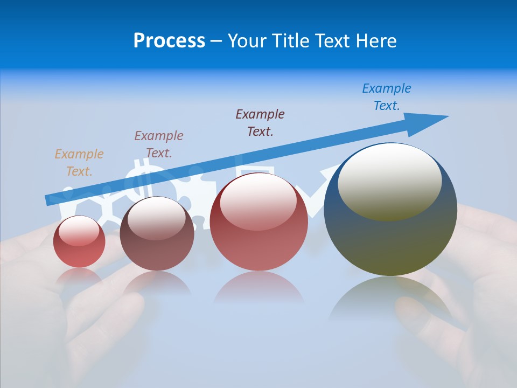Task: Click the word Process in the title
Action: click(169, 41)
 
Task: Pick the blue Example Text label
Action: click(387, 97)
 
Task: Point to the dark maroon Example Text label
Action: click(260, 122)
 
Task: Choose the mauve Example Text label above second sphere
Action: click(159, 144)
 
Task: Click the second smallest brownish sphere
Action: click(157, 234)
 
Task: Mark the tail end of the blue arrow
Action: click(51, 199)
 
